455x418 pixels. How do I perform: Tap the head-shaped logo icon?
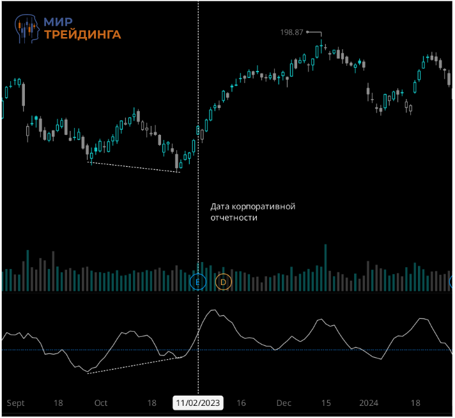click(x=29, y=27)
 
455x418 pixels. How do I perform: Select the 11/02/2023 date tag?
click(x=198, y=403)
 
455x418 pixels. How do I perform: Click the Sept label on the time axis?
click(x=15, y=403)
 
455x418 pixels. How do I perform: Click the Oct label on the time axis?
click(x=101, y=403)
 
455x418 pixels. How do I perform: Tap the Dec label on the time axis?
click(x=284, y=403)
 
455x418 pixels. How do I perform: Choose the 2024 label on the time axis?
click(x=369, y=403)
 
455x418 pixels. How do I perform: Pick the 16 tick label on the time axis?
click(x=241, y=403)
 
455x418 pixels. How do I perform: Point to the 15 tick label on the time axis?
click(x=326, y=403)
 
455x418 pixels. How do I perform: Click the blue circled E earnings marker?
click(x=198, y=281)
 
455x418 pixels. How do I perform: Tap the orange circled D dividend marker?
click(x=224, y=281)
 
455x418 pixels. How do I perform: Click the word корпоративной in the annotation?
click(x=264, y=207)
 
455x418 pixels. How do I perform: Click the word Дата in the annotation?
click(x=220, y=207)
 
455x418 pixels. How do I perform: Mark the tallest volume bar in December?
click(x=326, y=268)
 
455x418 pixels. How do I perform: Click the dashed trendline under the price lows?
click(x=134, y=167)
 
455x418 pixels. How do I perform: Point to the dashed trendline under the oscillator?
click(x=134, y=365)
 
